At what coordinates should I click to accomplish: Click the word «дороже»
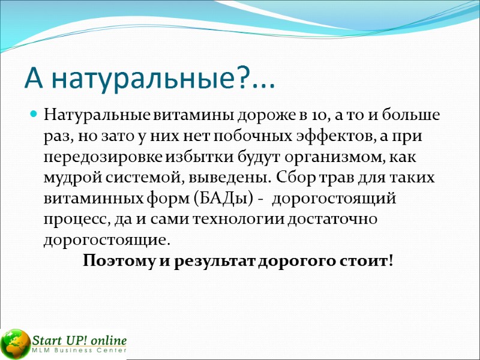[269, 115]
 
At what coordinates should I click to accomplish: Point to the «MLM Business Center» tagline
[79, 350]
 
